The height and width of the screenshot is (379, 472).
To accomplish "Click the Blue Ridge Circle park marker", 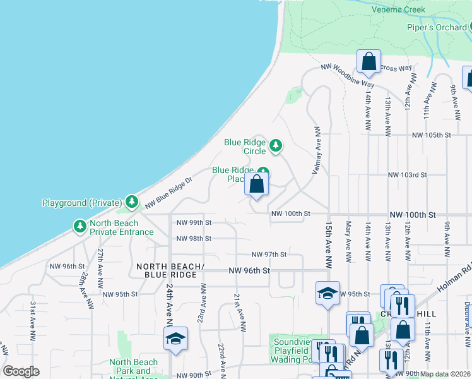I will [275, 147].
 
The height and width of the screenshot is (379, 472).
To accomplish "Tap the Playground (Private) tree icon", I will [131, 202].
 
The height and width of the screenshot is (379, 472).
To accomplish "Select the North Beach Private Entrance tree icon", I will [80, 226].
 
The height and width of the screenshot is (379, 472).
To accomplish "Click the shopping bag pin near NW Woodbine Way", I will [369, 63].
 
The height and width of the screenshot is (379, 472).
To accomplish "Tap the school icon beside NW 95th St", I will [327, 293].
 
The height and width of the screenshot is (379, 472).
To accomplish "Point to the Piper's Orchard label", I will [436, 27].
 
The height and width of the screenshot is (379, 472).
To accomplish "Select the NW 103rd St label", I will [408, 174].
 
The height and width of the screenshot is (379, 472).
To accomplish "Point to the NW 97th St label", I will [269, 255].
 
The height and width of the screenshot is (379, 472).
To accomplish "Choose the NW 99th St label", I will [194, 222].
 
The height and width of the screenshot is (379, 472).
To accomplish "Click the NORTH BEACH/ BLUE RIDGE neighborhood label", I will [170, 270].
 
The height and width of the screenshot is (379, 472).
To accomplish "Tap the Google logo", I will [21, 371].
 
